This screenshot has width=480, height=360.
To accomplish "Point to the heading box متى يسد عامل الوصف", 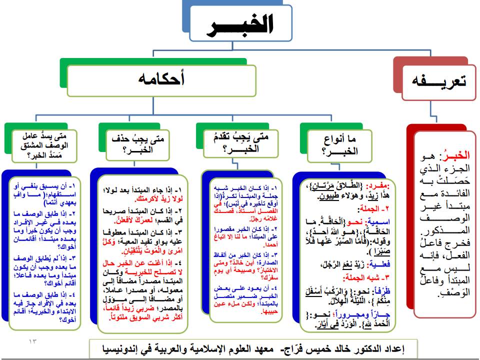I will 45,144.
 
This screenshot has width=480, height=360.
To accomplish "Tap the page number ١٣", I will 33,341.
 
